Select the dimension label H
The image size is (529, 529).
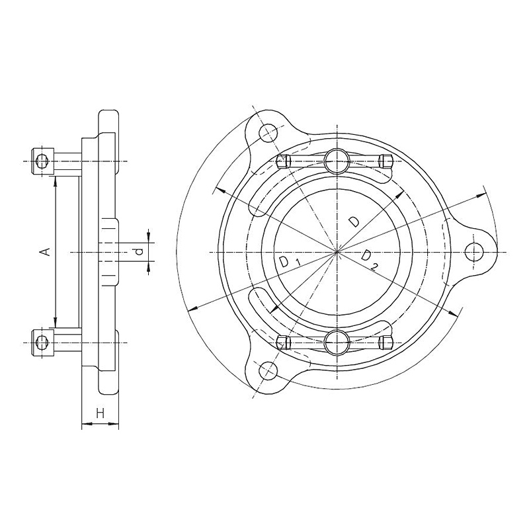click(101, 413)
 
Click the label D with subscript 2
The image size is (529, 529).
click(369, 259)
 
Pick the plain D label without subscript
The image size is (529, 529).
click(354, 222)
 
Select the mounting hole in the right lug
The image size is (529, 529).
click(473, 252)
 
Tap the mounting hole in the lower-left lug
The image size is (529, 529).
click(268, 371)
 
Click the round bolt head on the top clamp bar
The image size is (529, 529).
click(337, 161)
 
